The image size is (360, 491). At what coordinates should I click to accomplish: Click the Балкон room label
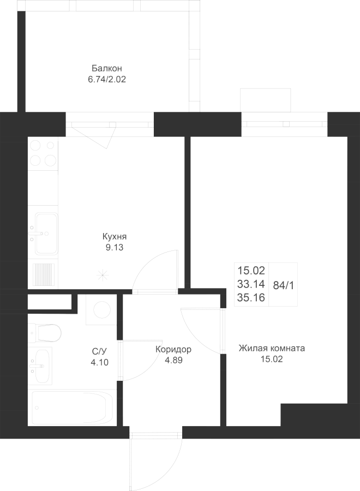click(107, 68)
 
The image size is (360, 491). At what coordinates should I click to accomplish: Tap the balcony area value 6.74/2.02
click(107, 79)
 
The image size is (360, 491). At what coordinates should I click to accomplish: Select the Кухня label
click(114, 237)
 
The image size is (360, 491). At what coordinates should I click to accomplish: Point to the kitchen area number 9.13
click(114, 247)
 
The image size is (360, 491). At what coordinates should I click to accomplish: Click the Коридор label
click(173, 349)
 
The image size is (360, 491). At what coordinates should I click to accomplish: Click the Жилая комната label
click(272, 348)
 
